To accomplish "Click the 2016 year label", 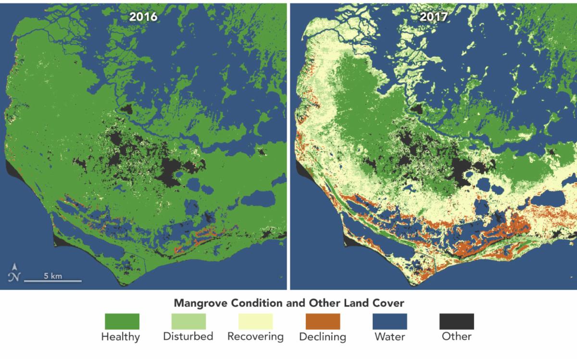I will point(143,17).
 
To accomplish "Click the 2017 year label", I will point(433,17).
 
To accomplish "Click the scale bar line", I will point(53,281).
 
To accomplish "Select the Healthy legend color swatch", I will point(122,321).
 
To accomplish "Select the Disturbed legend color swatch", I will point(188,321).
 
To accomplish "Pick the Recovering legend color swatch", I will point(255,321).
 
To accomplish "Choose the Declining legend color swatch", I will point(323,321).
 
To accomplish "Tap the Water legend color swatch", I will point(389,321).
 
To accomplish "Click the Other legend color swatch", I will point(457,321).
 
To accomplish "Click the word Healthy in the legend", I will point(120,336).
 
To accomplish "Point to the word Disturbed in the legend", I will point(188,336).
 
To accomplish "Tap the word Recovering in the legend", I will point(255,336).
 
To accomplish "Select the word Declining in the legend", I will point(323,336).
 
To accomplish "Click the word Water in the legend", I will point(389,336).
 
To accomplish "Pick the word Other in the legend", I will point(457,336).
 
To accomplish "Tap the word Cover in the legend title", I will point(389,303).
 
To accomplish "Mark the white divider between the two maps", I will point(288,144).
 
